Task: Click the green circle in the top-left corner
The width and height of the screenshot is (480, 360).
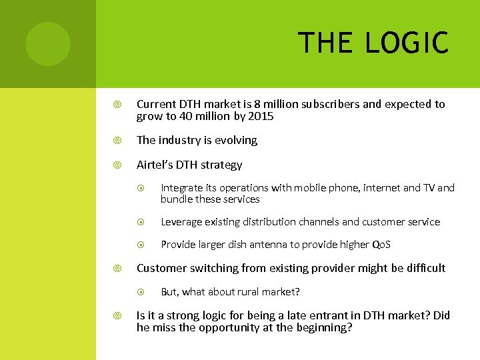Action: (47, 43)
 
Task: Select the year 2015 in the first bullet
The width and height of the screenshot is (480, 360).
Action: (261, 117)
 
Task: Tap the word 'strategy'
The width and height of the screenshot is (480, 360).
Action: (223, 164)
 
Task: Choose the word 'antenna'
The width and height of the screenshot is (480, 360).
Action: (270, 245)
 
